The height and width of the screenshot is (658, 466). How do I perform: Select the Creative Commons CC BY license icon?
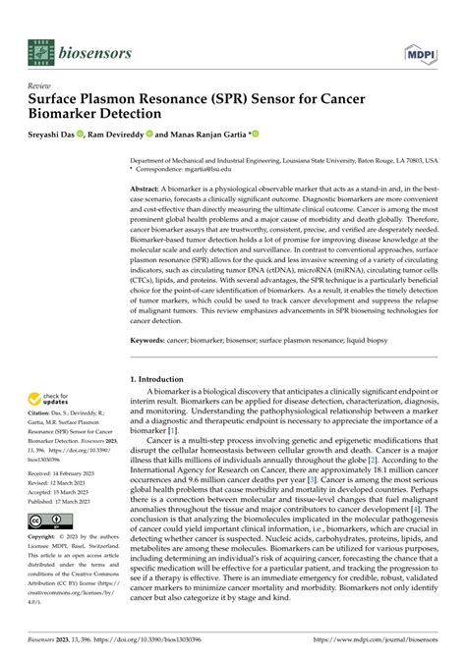pyautogui.click(x=45, y=548)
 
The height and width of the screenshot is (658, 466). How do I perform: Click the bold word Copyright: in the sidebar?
pyautogui.click(x=47, y=566)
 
